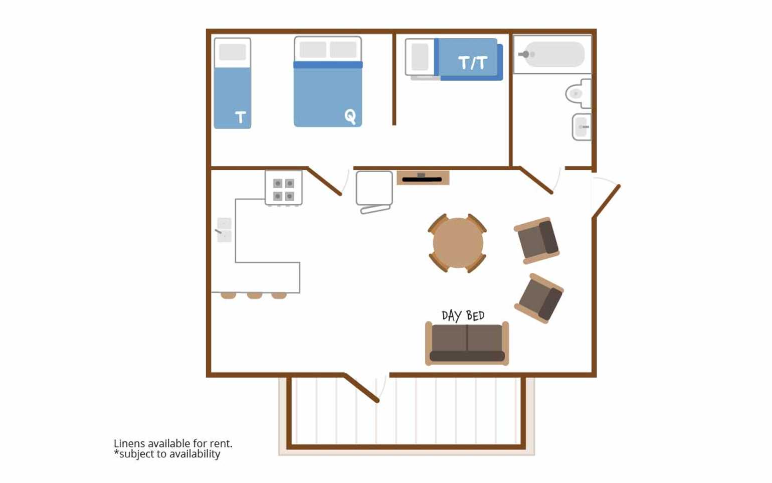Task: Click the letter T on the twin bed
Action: (241, 117)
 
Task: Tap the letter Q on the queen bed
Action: (350, 116)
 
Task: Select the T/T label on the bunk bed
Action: (473, 63)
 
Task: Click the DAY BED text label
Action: (463, 315)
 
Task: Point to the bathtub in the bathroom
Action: (552, 54)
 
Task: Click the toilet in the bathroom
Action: (578, 93)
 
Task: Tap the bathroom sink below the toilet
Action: (582, 127)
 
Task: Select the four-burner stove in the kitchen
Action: (284, 188)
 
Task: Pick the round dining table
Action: (458, 243)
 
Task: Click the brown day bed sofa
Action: (467, 344)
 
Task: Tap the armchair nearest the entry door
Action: (537, 240)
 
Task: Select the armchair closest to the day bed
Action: (539, 298)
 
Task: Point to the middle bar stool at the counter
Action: (254, 295)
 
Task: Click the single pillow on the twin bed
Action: (232, 52)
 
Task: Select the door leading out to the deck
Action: (361, 388)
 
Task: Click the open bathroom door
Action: (536, 181)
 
